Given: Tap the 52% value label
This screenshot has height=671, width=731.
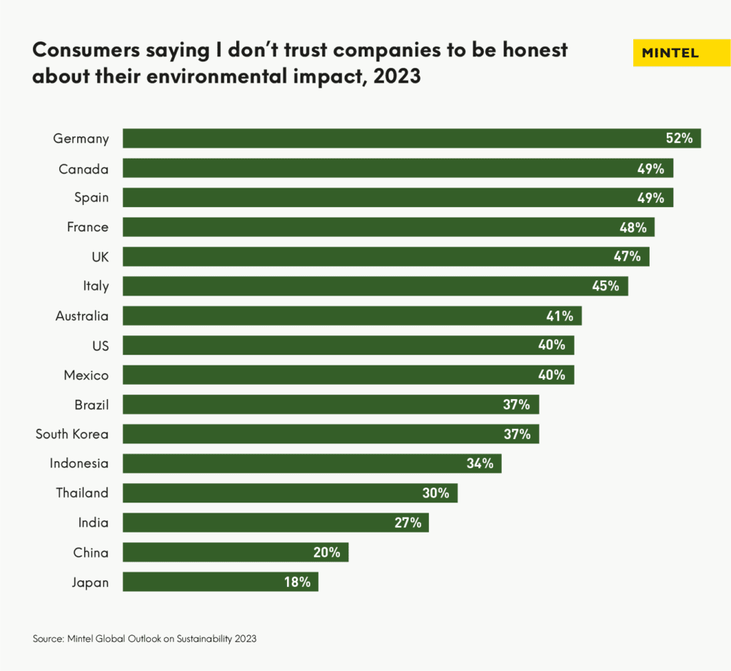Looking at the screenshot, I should click(679, 138).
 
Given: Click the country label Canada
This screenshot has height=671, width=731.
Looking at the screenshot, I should click(84, 168).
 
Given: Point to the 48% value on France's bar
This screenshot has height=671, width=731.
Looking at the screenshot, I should click(632, 228).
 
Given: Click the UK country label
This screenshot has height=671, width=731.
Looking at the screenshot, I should click(101, 256).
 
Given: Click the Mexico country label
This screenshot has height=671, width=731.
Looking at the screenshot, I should click(86, 375).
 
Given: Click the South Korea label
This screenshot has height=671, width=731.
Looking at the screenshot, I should click(72, 434).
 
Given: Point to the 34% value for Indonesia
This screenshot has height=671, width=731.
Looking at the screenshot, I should click(480, 463).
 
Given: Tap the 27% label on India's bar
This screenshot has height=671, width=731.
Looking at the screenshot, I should click(408, 523).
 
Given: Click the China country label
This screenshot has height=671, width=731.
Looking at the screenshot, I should click(91, 553).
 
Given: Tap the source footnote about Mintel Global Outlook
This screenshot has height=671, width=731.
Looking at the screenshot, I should click(144, 639).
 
